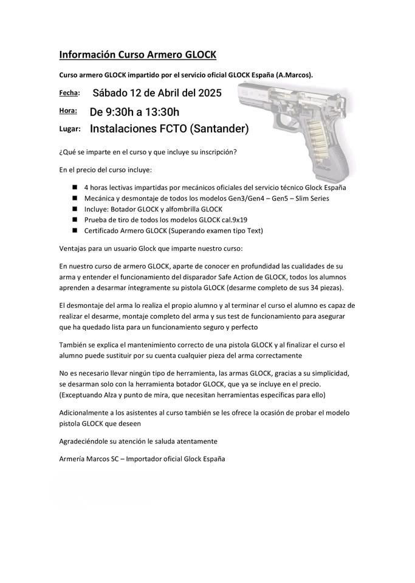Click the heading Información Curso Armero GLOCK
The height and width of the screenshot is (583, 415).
pos(137,55)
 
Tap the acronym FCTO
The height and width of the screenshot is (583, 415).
pos(177,129)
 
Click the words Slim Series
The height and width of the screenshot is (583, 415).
pos(306,199)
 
